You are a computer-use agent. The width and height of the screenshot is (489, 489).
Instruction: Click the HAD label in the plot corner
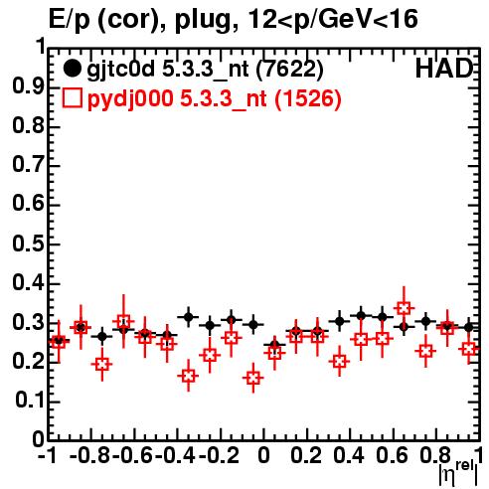(444, 69)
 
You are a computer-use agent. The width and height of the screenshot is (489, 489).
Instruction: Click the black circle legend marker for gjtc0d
(73, 69)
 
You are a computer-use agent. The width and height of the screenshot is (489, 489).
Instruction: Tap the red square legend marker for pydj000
(73, 98)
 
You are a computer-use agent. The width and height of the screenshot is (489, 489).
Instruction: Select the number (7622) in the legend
(289, 69)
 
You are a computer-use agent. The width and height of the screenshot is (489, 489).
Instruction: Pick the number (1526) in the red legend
(308, 98)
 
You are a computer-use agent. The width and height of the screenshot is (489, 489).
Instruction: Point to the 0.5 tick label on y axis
(29, 244)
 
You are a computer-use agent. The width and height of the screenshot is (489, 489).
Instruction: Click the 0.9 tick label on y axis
(29, 87)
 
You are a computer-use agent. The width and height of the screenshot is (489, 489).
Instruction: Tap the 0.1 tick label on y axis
(30, 401)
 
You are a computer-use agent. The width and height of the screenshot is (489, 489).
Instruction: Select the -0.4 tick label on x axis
(176, 456)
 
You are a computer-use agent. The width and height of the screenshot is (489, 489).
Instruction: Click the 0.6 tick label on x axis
(392, 456)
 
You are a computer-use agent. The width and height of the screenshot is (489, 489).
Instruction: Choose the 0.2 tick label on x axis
(306, 456)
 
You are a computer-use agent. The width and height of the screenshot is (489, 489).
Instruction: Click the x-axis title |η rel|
(459, 473)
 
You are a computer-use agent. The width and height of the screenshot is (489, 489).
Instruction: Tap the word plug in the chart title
(202, 21)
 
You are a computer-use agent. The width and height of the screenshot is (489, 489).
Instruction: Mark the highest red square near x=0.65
(404, 309)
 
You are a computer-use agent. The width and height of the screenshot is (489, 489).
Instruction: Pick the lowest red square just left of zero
(253, 378)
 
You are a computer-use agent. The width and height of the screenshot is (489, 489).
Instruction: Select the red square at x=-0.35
(189, 376)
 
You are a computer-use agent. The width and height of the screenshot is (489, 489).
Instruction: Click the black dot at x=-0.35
(189, 317)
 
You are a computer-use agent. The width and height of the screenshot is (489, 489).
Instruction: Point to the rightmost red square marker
(469, 349)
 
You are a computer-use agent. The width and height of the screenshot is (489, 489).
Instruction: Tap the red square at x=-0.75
(102, 365)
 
